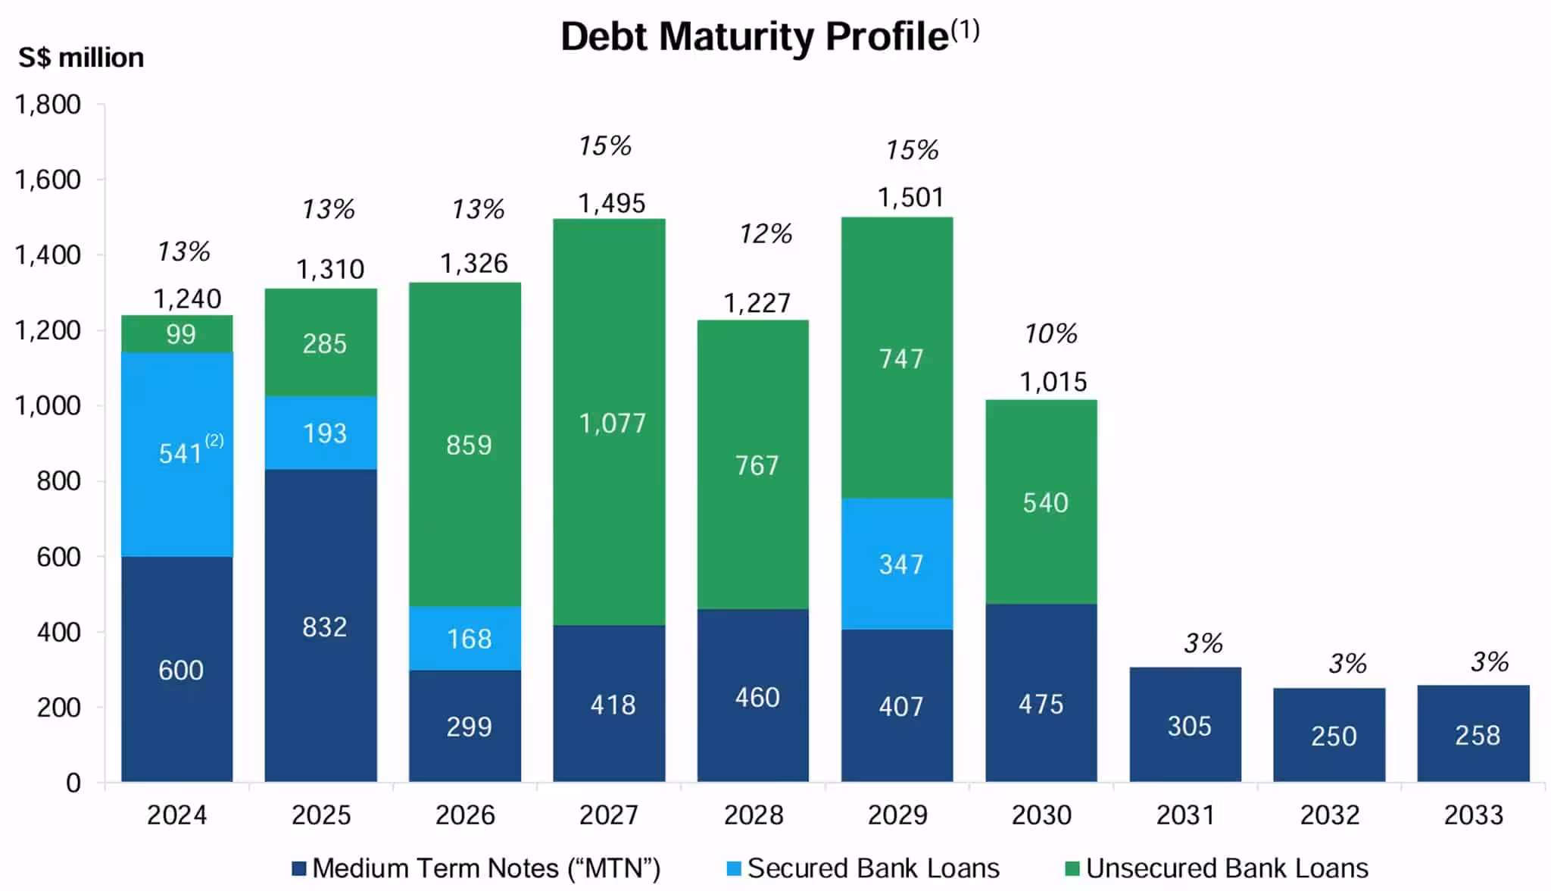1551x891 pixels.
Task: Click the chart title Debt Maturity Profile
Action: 769,36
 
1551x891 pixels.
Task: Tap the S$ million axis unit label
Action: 81,58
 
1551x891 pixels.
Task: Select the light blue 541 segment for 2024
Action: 177,455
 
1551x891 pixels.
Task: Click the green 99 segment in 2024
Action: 177,334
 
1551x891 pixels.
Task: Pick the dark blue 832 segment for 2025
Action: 321,626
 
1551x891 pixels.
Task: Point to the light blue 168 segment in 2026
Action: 465,638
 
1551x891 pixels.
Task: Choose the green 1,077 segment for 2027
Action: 610,422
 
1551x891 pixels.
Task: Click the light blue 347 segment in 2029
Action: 897,564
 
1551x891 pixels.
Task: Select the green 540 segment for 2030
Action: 1041,502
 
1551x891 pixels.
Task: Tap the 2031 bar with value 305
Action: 1185,725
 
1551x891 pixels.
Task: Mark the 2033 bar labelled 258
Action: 1474,734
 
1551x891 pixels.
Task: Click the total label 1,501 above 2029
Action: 910,198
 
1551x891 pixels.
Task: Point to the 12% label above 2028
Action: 766,234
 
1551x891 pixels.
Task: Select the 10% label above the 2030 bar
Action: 1050,333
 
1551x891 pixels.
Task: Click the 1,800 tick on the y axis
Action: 48,105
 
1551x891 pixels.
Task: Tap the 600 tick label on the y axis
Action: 58,557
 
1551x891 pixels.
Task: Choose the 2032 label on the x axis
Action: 1330,815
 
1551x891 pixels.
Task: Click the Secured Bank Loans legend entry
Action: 863,868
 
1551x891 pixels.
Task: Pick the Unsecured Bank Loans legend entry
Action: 1217,868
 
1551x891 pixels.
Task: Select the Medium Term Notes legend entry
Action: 476,868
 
